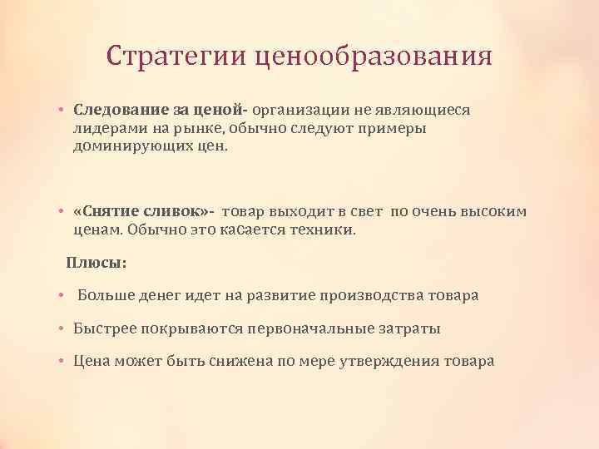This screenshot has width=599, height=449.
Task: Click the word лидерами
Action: point(108,128)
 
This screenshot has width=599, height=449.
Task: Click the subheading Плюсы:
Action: point(97,263)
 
